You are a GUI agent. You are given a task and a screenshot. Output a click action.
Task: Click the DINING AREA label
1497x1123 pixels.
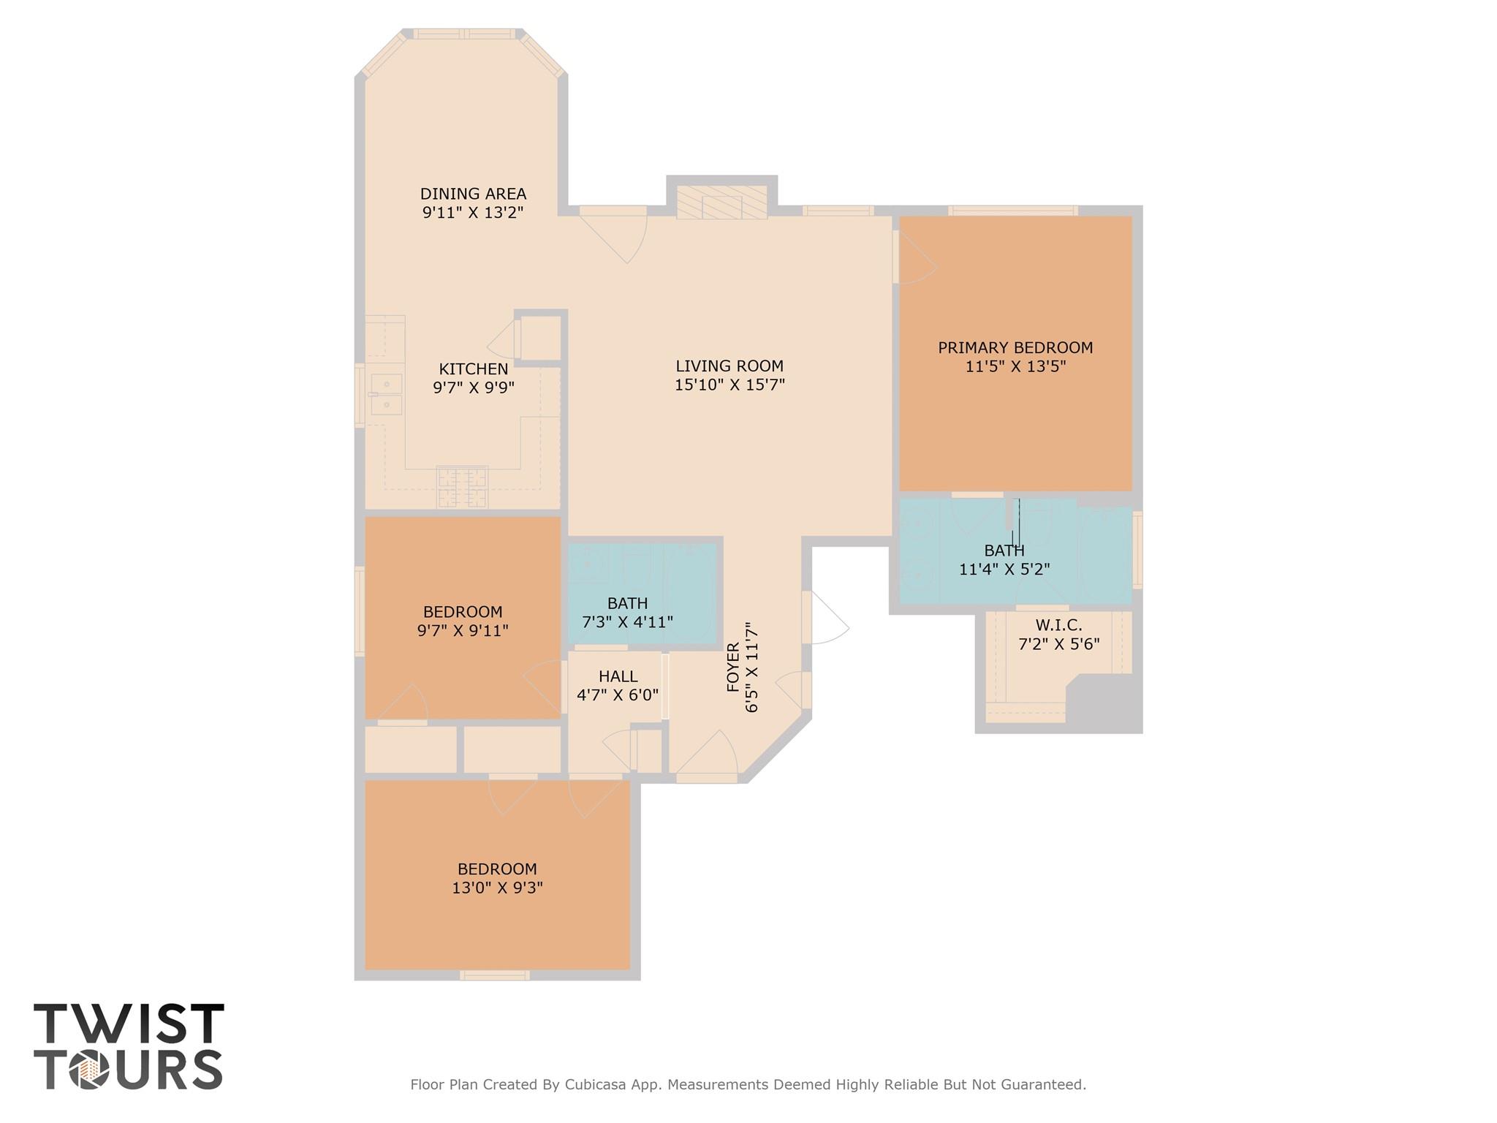click(x=473, y=194)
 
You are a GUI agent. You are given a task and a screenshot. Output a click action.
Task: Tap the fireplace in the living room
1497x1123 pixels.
click(x=721, y=203)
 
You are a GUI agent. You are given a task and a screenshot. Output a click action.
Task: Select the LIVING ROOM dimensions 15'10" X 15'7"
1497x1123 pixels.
click(x=729, y=385)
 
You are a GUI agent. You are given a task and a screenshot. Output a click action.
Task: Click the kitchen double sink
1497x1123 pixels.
click(x=386, y=394)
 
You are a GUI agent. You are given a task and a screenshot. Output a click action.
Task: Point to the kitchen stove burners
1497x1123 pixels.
click(x=462, y=487)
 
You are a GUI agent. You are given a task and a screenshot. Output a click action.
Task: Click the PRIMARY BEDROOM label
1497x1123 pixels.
click(x=1015, y=348)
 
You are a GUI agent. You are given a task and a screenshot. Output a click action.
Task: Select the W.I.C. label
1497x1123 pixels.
click(x=1058, y=626)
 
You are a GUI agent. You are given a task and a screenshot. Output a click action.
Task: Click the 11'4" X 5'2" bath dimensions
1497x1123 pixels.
click(x=1004, y=569)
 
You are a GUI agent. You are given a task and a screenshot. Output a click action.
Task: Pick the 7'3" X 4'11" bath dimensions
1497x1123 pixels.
click(x=627, y=622)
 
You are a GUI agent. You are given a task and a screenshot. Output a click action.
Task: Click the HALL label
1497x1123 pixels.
click(x=618, y=676)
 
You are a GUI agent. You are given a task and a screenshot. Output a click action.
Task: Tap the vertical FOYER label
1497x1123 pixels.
click(x=733, y=667)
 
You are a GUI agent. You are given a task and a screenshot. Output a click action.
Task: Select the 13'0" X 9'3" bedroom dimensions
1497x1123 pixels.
click(x=497, y=888)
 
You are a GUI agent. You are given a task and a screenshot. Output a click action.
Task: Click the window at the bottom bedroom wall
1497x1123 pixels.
click(x=495, y=975)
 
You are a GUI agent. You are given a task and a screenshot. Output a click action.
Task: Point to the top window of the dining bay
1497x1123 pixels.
click(x=465, y=34)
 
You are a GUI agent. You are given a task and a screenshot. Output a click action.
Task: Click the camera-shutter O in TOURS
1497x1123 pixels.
click(x=89, y=1070)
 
